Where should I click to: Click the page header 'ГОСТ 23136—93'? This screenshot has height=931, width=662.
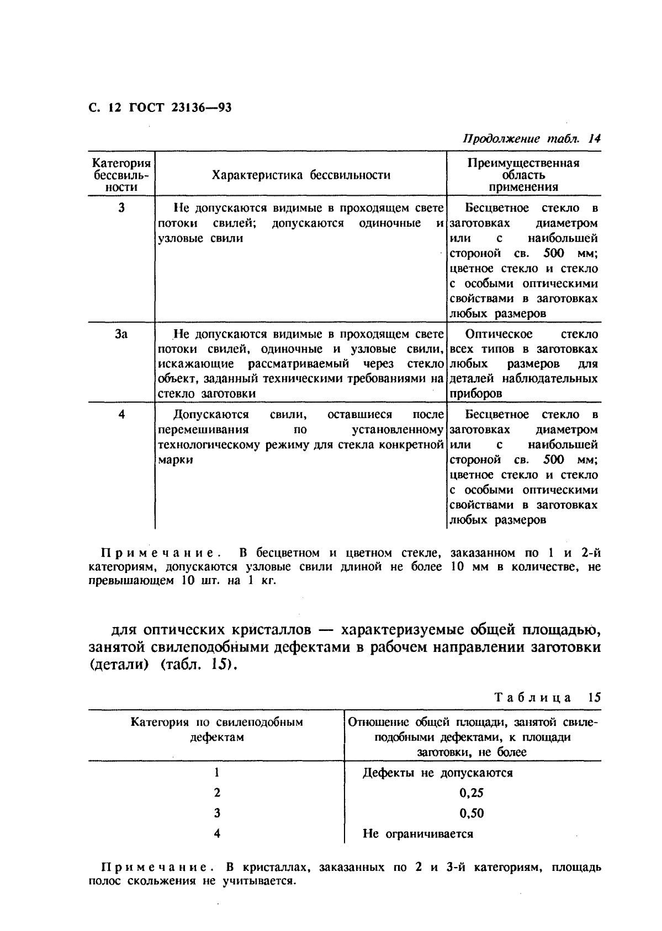click(x=180, y=107)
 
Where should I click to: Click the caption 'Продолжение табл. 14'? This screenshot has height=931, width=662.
click(x=531, y=139)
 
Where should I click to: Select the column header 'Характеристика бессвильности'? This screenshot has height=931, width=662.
click(x=301, y=175)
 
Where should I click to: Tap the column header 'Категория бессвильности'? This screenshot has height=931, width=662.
click(x=121, y=175)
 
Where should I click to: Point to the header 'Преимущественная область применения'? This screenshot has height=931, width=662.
click(x=523, y=175)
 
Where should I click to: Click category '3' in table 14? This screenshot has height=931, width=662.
click(x=121, y=208)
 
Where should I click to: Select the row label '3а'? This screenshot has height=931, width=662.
click(x=121, y=334)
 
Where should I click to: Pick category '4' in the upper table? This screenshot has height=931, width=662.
click(x=121, y=415)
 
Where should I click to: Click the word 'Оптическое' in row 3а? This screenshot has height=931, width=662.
click(x=499, y=334)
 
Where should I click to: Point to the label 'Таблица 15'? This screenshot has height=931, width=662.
click(x=547, y=697)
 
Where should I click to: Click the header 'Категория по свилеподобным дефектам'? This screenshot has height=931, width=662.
click(x=216, y=729)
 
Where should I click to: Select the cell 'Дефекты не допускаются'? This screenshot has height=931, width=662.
click(x=437, y=773)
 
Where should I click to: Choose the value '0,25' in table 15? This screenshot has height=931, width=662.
click(x=471, y=793)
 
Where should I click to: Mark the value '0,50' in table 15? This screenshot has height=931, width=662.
click(x=471, y=813)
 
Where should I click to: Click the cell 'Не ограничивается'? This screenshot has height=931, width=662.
click(x=418, y=833)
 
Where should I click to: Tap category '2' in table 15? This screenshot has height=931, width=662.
click(x=217, y=793)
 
